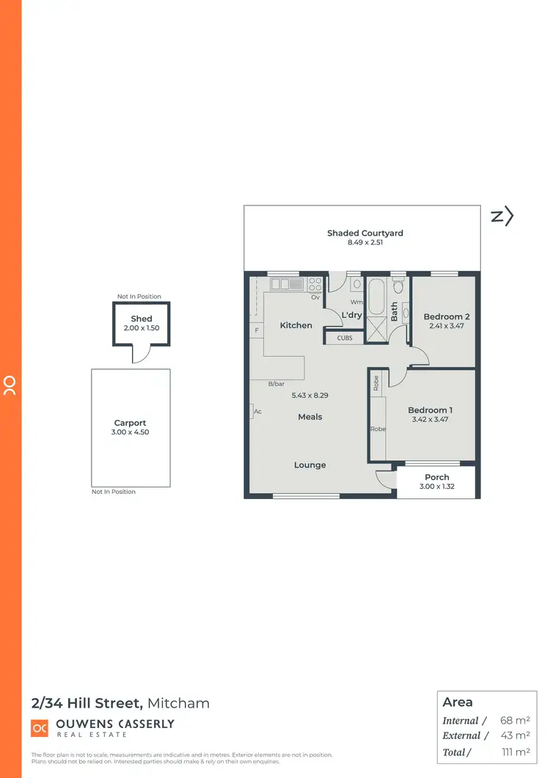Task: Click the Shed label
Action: coord(142,319)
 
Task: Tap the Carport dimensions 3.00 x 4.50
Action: coord(131,432)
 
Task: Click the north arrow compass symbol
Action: coord(502,216)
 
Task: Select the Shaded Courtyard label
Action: coord(365,233)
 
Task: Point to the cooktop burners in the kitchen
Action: coord(315,283)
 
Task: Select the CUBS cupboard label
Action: coord(345,338)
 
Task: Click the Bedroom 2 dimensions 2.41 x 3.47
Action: coord(447,327)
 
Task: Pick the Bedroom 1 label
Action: coord(430,410)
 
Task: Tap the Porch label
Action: coord(437,477)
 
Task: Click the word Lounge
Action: coord(310,465)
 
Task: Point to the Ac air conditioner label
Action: coord(257,412)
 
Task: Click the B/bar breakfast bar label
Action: coord(276,383)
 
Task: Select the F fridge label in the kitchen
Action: coord(257,331)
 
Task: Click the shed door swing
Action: coord(141,356)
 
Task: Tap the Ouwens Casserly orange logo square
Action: coord(40,728)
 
